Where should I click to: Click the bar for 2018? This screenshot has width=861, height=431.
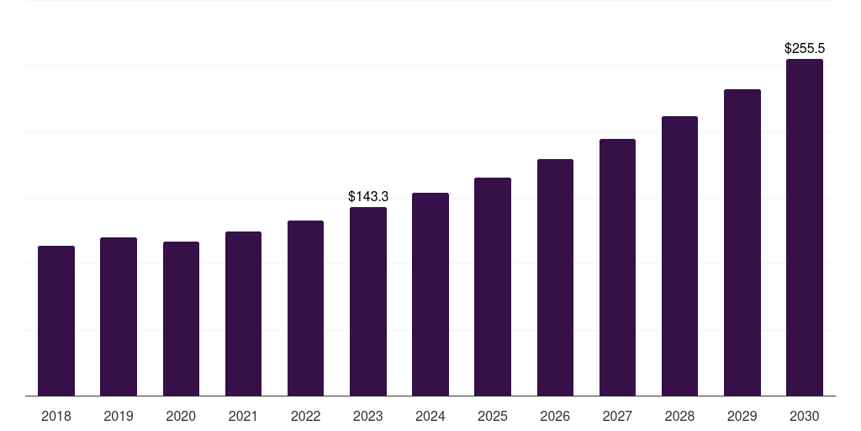[x=56, y=321]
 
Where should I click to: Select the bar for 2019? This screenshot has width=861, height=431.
[x=119, y=317]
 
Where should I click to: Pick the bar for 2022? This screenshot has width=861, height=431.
[x=305, y=308]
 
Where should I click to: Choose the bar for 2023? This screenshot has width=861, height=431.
[x=368, y=301]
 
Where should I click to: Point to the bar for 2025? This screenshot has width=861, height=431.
[x=493, y=286]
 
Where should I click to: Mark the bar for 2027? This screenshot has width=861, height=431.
[x=617, y=267]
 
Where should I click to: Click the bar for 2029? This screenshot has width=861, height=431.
[x=742, y=242]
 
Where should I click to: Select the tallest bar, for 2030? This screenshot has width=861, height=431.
[x=805, y=227]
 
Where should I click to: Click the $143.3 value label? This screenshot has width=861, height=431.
[x=368, y=196]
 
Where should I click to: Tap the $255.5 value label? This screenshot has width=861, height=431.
[x=805, y=49]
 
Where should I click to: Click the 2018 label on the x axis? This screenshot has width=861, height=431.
[x=56, y=416]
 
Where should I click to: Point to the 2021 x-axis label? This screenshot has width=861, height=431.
[x=243, y=416]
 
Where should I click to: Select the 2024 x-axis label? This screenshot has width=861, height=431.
[x=430, y=416]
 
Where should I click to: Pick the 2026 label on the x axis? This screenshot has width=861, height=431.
[x=555, y=416]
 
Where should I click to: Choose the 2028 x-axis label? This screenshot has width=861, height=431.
[x=679, y=416]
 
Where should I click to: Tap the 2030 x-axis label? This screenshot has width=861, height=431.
[x=805, y=416]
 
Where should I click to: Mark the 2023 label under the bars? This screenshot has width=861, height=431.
[x=368, y=416]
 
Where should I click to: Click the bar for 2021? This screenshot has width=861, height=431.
[x=243, y=313]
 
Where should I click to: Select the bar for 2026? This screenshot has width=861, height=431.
[x=555, y=277]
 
